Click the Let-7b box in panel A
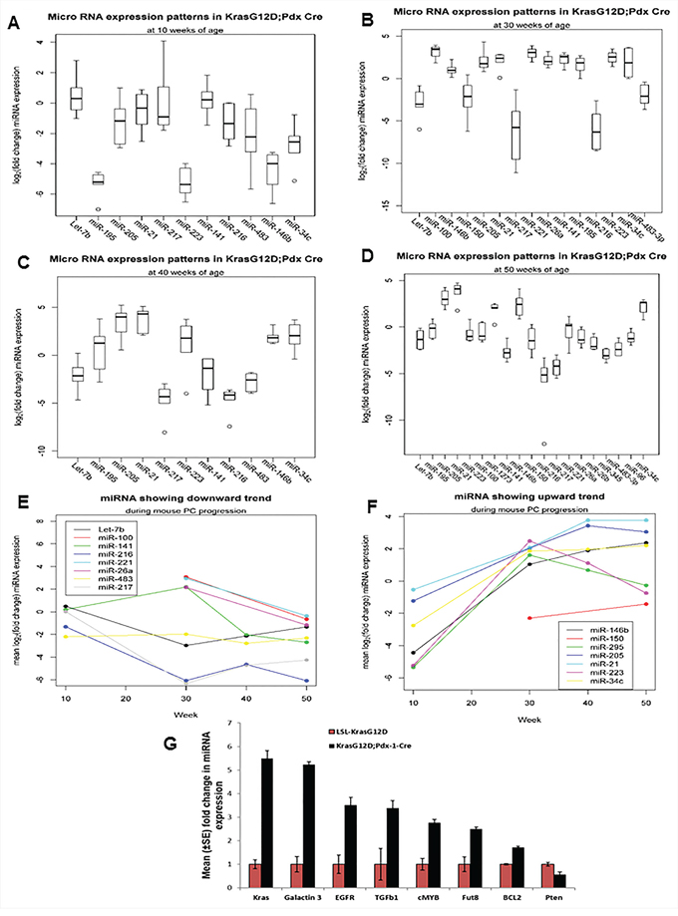(x=76, y=98)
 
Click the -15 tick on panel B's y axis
(x=373, y=207)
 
